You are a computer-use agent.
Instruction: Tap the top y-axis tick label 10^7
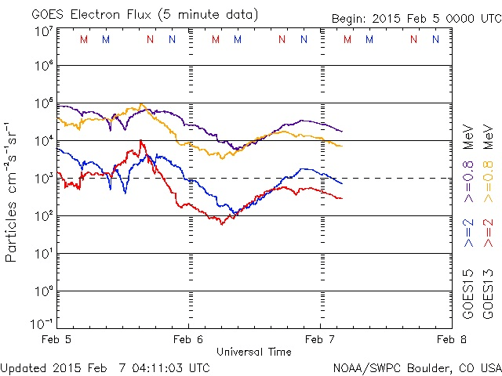[43, 31]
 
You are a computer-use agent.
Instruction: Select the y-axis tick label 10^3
[43, 177]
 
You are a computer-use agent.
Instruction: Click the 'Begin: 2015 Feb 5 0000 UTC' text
[415, 18]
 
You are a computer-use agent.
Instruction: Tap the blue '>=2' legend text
[468, 233]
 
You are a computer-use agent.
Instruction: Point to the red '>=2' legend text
[488, 233]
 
